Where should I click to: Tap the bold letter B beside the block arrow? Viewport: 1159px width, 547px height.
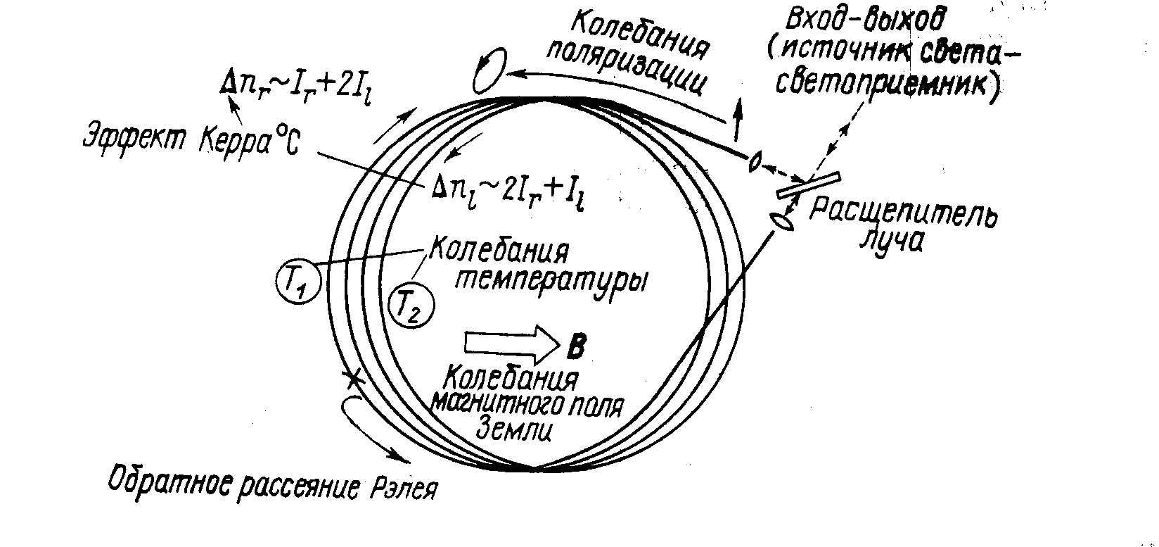pyautogui.click(x=575, y=345)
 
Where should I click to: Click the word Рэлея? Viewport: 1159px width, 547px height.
pyautogui.click(x=403, y=487)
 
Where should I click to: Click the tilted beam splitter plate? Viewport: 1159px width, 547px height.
pyautogui.click(x=809, y=184)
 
